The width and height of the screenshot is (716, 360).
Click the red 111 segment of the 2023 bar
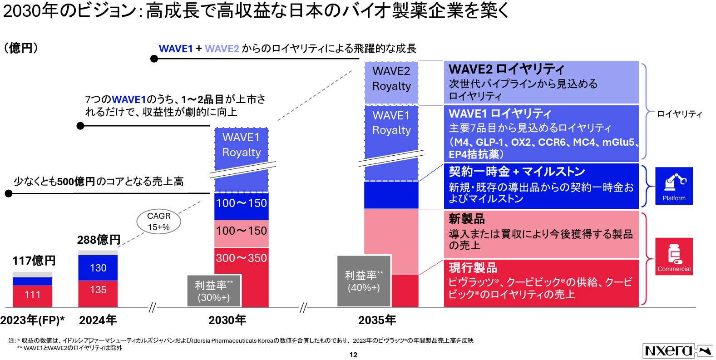[x=32, y=295]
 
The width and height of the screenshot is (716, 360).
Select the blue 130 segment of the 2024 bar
[x=98, y=268]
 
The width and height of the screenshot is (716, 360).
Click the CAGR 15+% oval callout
[x=159, y=222]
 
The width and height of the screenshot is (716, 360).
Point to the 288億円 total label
[x=99, y=240]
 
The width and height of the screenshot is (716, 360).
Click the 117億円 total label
[x=34, y=261]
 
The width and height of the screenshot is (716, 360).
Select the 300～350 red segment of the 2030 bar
[x=241, y=258]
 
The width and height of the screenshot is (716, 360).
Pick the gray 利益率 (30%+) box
[x=214, y=291]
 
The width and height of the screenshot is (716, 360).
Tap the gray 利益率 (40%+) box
[x=364, y=281]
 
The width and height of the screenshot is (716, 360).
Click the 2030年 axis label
[x=227, y=321]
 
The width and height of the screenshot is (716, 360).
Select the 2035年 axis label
[x=377, y=321]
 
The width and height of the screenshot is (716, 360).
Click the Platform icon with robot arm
[x=674, y=186]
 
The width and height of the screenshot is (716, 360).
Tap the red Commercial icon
[x=674, y=256]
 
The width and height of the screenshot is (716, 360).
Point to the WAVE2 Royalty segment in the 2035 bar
[x=391, y=79]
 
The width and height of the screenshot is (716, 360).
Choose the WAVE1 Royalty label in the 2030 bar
[x=242, y=145]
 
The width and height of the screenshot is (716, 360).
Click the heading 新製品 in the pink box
[x=467, y=219]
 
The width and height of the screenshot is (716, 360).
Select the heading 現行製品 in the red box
[x=473, y=268]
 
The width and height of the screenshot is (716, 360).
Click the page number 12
[x=353, y=355]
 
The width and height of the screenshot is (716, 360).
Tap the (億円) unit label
[x=21, y=48]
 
